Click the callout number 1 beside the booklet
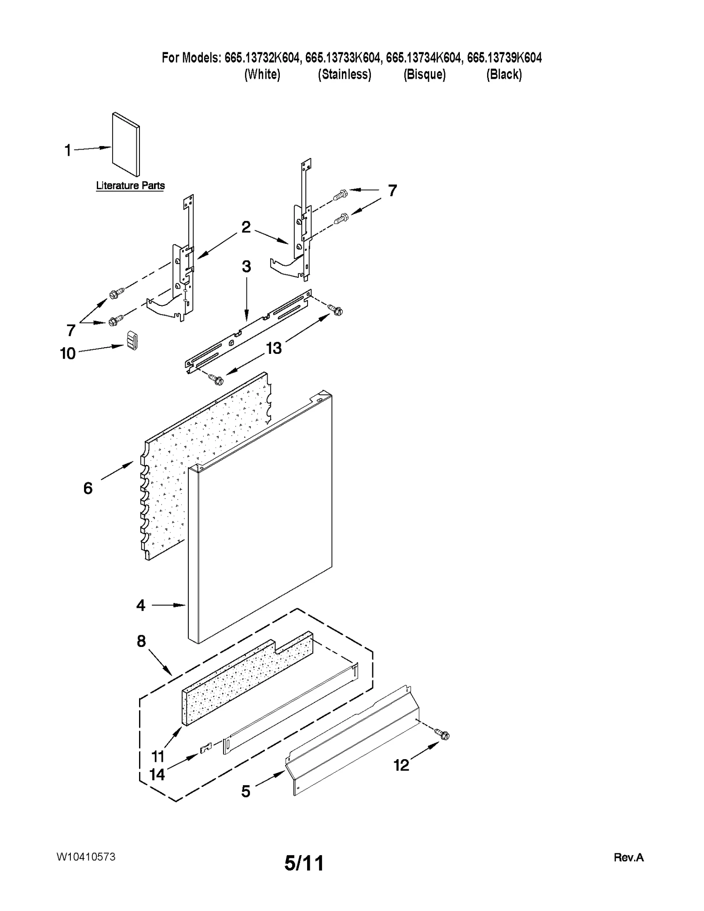tap(68, 151)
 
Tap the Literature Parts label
tap(130, 185)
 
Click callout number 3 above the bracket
tap(246, 266)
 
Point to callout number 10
tap(68, 353)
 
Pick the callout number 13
tap(274, 348)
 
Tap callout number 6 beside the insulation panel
tap(88, 488)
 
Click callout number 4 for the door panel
tap(140, 606)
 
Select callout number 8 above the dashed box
tap(141, 641)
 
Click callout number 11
tap(158, 756)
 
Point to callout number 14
tap(157, 775)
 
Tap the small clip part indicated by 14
tap(205, 748)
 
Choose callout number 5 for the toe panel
tap(246, 791)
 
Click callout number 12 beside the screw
tap(401, 765)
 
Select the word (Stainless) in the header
tap(345, 74)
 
